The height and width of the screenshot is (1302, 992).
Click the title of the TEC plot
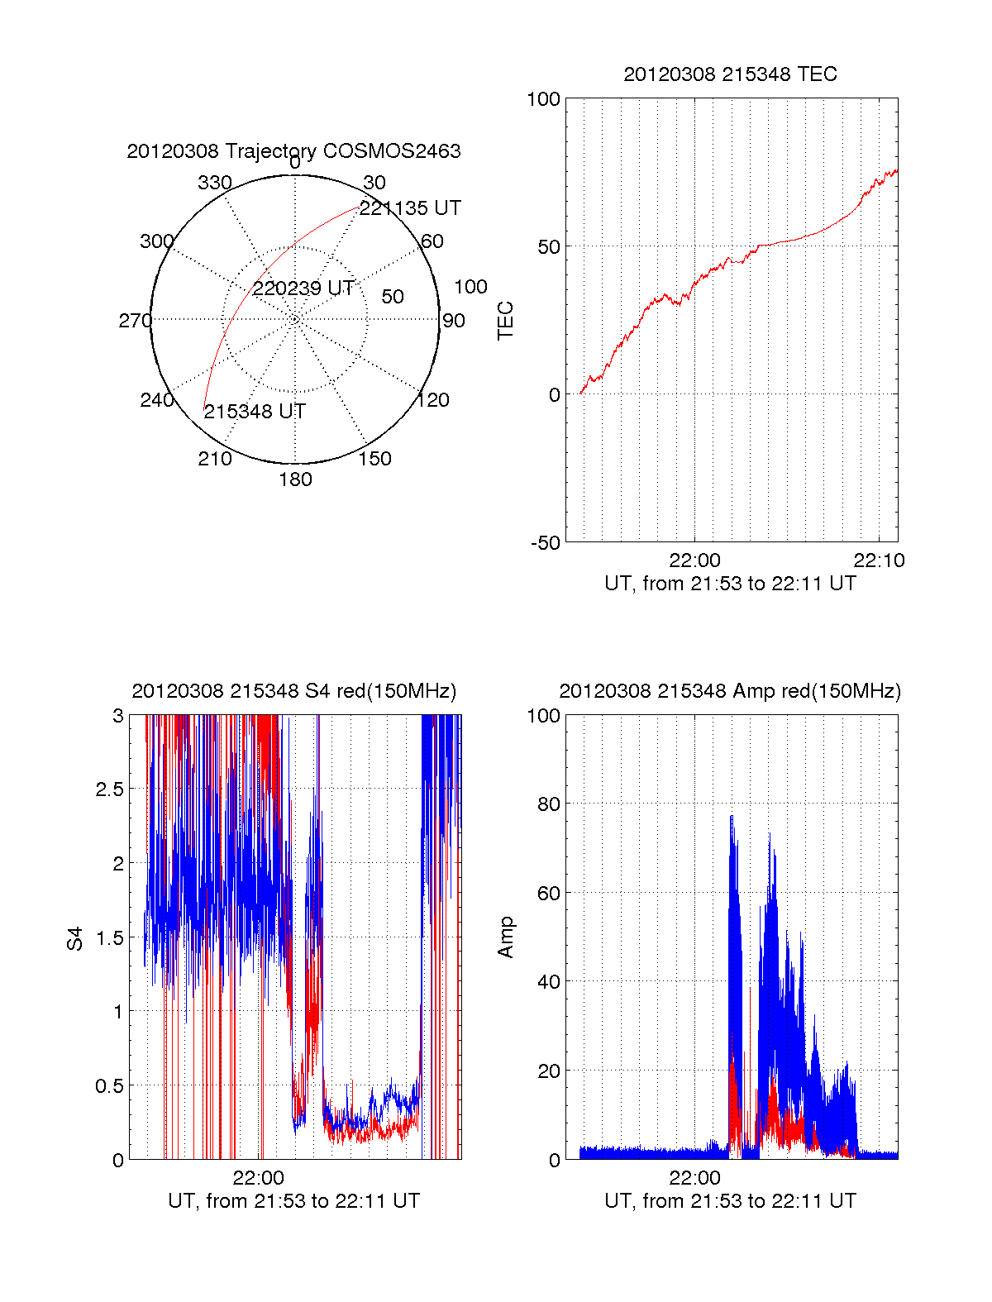coord(730,74)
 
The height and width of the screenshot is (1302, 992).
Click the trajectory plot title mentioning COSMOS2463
coord(293,151)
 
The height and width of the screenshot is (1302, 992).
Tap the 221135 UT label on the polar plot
coord(410,208)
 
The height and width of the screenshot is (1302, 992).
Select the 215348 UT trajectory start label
coord(255,412)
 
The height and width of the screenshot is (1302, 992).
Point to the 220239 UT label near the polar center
coord(303,289)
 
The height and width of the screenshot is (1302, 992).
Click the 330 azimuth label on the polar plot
coord(215,183)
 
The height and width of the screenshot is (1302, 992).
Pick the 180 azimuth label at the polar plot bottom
coord(295,479)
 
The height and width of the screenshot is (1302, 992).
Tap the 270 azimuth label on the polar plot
coord(135,321)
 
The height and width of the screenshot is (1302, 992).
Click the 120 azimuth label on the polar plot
coord(433,400)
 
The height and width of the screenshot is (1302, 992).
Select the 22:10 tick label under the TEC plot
coord(879,560)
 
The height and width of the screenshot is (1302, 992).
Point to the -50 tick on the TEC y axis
coord(546,543)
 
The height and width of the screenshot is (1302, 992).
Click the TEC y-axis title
coord(505,321)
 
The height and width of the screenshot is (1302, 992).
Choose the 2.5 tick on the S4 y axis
coord(110,789)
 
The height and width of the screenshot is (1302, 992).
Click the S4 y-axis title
coord(75,938)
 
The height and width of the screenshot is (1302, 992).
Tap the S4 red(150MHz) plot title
coord(293,691)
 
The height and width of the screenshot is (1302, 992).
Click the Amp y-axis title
coord(505,937)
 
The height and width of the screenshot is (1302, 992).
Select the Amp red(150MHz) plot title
coord(730,691)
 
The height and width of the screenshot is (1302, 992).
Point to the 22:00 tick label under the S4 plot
coord(258,1178)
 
